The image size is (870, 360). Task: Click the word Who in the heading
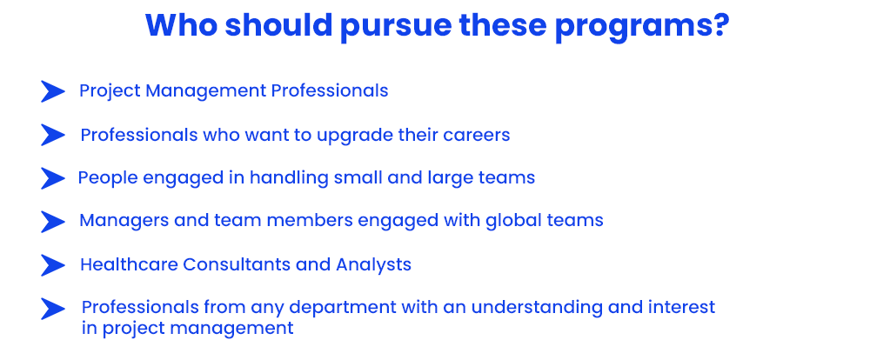point(180,24)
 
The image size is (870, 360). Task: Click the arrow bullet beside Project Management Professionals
point(53,91)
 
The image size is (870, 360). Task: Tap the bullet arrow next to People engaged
point(53,178)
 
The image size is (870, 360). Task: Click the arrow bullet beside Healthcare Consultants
point(53,265)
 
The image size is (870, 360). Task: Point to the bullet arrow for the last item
point(53,309)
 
